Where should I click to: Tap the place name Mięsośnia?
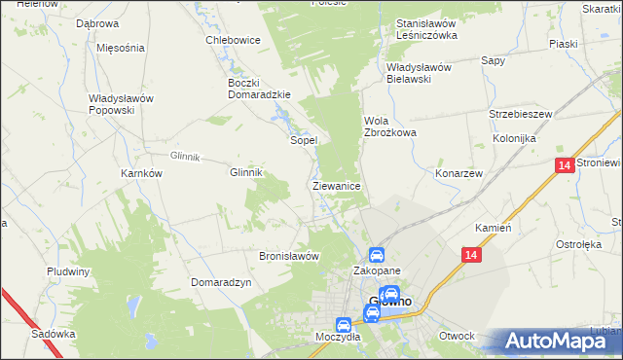(x=121, y=47)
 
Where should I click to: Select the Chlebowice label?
(x=232, y=40)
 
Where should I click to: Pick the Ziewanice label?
(x=337, y=185)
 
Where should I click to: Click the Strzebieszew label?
(x=521, y=114)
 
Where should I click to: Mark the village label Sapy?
(x=494, y=59)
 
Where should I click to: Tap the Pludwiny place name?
(x=68, y=271)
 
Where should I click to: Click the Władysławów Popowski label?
(x=124, y=104)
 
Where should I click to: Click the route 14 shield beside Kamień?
(x=471, y=255)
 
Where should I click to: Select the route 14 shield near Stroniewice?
(x=566, y=166)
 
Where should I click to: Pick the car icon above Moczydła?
(x=343, y=325)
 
